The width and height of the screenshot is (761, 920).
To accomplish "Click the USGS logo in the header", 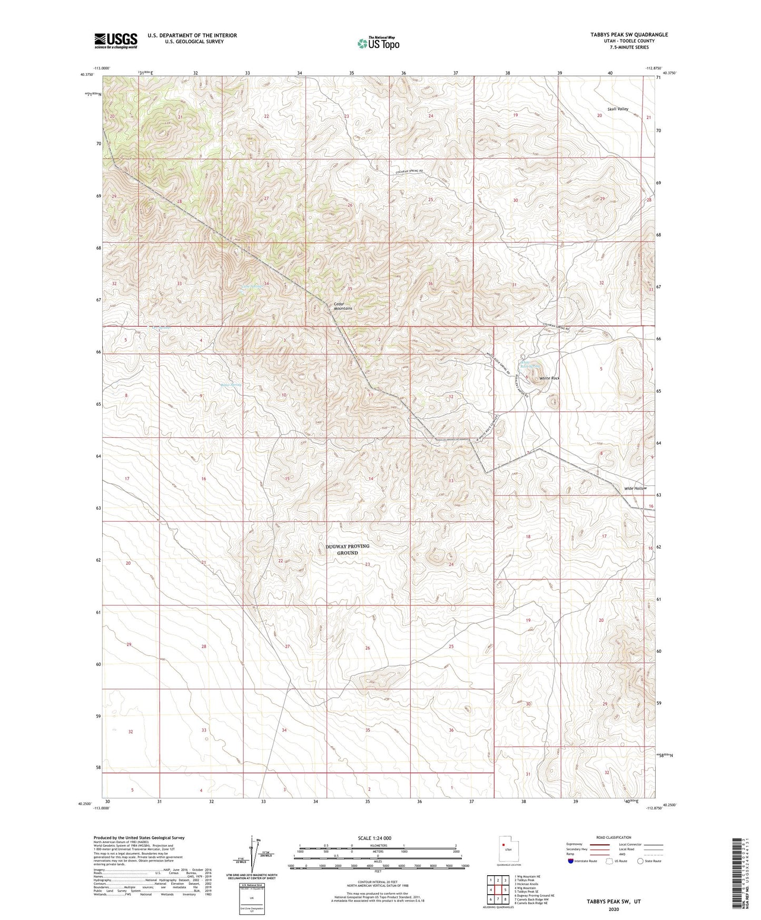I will coord(116,40).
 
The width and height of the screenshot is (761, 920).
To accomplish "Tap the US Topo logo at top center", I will coord(378,43).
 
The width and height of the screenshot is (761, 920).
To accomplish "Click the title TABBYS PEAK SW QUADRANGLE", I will coord(629,35).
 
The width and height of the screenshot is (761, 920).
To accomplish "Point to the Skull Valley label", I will coord(618,109).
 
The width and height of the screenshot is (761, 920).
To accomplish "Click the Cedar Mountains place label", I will coord(343,306).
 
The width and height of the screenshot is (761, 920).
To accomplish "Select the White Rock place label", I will coord(549,378).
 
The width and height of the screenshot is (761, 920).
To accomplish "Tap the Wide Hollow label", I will coord(635,488).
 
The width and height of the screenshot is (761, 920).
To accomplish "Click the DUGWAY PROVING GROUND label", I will coord(347,550).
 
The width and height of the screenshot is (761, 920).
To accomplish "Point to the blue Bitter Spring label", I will coord(231,385).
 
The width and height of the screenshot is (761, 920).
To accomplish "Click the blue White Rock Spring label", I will coord(530,364).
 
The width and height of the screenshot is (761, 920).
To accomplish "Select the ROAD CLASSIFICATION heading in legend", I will coord(614,837).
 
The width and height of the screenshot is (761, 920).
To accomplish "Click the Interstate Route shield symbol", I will coord(571,861).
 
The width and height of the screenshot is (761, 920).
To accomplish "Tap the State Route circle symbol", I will coord(640,861).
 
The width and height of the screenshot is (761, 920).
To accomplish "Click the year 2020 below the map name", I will coord(613,909).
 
